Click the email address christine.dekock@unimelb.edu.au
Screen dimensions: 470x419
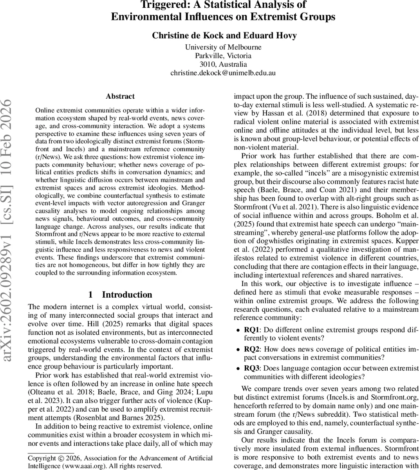pyautogui.click(x=223, y=73)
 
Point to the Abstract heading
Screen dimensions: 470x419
pyautogui.click(x=120, y=96)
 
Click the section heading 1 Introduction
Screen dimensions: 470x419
pyautogui.click(x=120, y=295)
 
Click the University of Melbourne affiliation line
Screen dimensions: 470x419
pyautogui.click(x=223, y=47)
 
